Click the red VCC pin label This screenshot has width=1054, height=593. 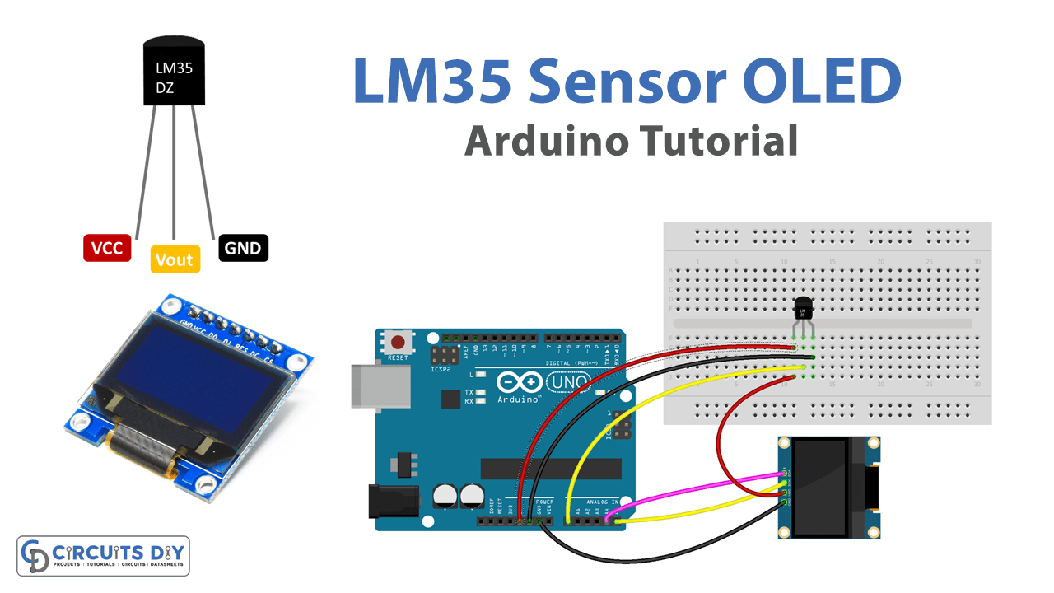[108, 248]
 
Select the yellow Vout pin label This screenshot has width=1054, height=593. [174, 259]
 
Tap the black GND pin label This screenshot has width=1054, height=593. [244, 248]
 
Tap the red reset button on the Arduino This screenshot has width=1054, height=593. [399, 342]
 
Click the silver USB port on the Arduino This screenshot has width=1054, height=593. [380, 386]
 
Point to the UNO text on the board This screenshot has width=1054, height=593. [569, 383]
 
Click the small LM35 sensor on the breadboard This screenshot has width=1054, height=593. [803, 310]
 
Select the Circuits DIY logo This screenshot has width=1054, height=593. [103, 556]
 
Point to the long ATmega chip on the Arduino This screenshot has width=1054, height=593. [551, 469]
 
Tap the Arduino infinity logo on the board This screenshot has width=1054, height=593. [520, 382]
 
